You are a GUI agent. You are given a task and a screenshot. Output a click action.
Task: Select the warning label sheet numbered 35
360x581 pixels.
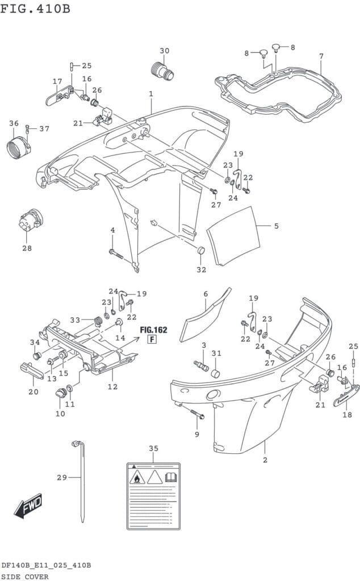(153, 495)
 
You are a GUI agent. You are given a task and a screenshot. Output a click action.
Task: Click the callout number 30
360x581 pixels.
(164, 51)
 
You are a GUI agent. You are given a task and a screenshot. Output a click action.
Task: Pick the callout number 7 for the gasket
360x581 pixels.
(321, 56)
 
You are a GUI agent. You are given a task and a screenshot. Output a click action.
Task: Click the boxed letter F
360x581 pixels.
(152, 340)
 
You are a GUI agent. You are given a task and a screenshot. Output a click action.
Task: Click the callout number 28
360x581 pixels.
(27, 248)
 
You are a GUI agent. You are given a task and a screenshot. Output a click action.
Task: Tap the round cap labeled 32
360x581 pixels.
(200, 251)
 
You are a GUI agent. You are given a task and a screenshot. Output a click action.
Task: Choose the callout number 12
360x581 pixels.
(112, 386)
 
